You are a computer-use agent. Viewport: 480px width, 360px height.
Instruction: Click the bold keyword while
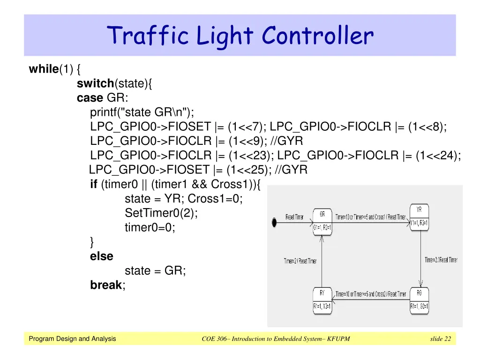click(43, 69)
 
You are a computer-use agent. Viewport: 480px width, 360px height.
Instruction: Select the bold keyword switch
click(96, 84)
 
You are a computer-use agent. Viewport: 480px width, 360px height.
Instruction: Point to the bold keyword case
click(90, 98)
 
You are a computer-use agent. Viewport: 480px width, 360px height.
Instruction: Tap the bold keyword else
click(102, 256)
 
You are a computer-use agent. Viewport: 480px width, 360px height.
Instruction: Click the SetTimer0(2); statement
click(161, 213)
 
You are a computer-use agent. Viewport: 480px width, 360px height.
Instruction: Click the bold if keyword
click(93, 184)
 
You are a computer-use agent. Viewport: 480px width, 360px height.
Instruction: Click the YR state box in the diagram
click(419, 217)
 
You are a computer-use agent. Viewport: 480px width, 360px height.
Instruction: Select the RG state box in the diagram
click(419, 300)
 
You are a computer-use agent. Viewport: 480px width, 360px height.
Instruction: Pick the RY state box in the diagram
click(322, 300)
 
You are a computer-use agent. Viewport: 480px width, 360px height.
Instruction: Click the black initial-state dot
click(274, 222)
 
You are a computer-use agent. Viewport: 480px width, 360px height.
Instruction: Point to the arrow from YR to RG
click(420, 258)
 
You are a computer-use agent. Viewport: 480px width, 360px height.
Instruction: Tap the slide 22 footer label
click(440, 339)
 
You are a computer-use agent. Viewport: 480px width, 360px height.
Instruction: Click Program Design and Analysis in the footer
click(72, 339)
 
